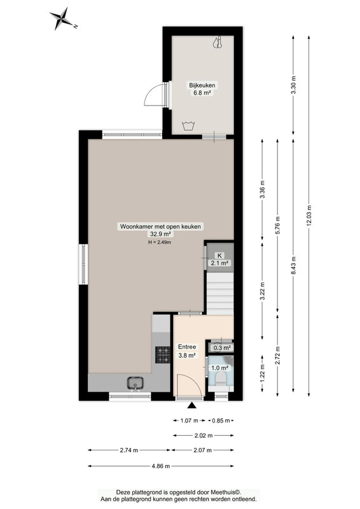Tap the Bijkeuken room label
tap(202, 85)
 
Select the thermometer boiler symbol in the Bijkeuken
tap(218, 43)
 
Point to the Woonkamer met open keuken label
tap(160, 227)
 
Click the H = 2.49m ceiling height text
tap(160, 242)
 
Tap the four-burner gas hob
tap(163, 354)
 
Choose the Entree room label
tap(187, 347)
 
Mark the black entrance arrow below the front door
tap(192, 405)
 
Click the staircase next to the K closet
tap(220, 294)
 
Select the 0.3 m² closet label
tap(222, 347)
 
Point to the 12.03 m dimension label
tap(308, 215)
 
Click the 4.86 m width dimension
tap(161, 466)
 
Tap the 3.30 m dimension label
tap(293, 85)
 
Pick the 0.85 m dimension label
tap(221, 421)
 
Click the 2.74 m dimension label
tap(129, 450)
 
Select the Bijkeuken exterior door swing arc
tap(153, 92)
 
